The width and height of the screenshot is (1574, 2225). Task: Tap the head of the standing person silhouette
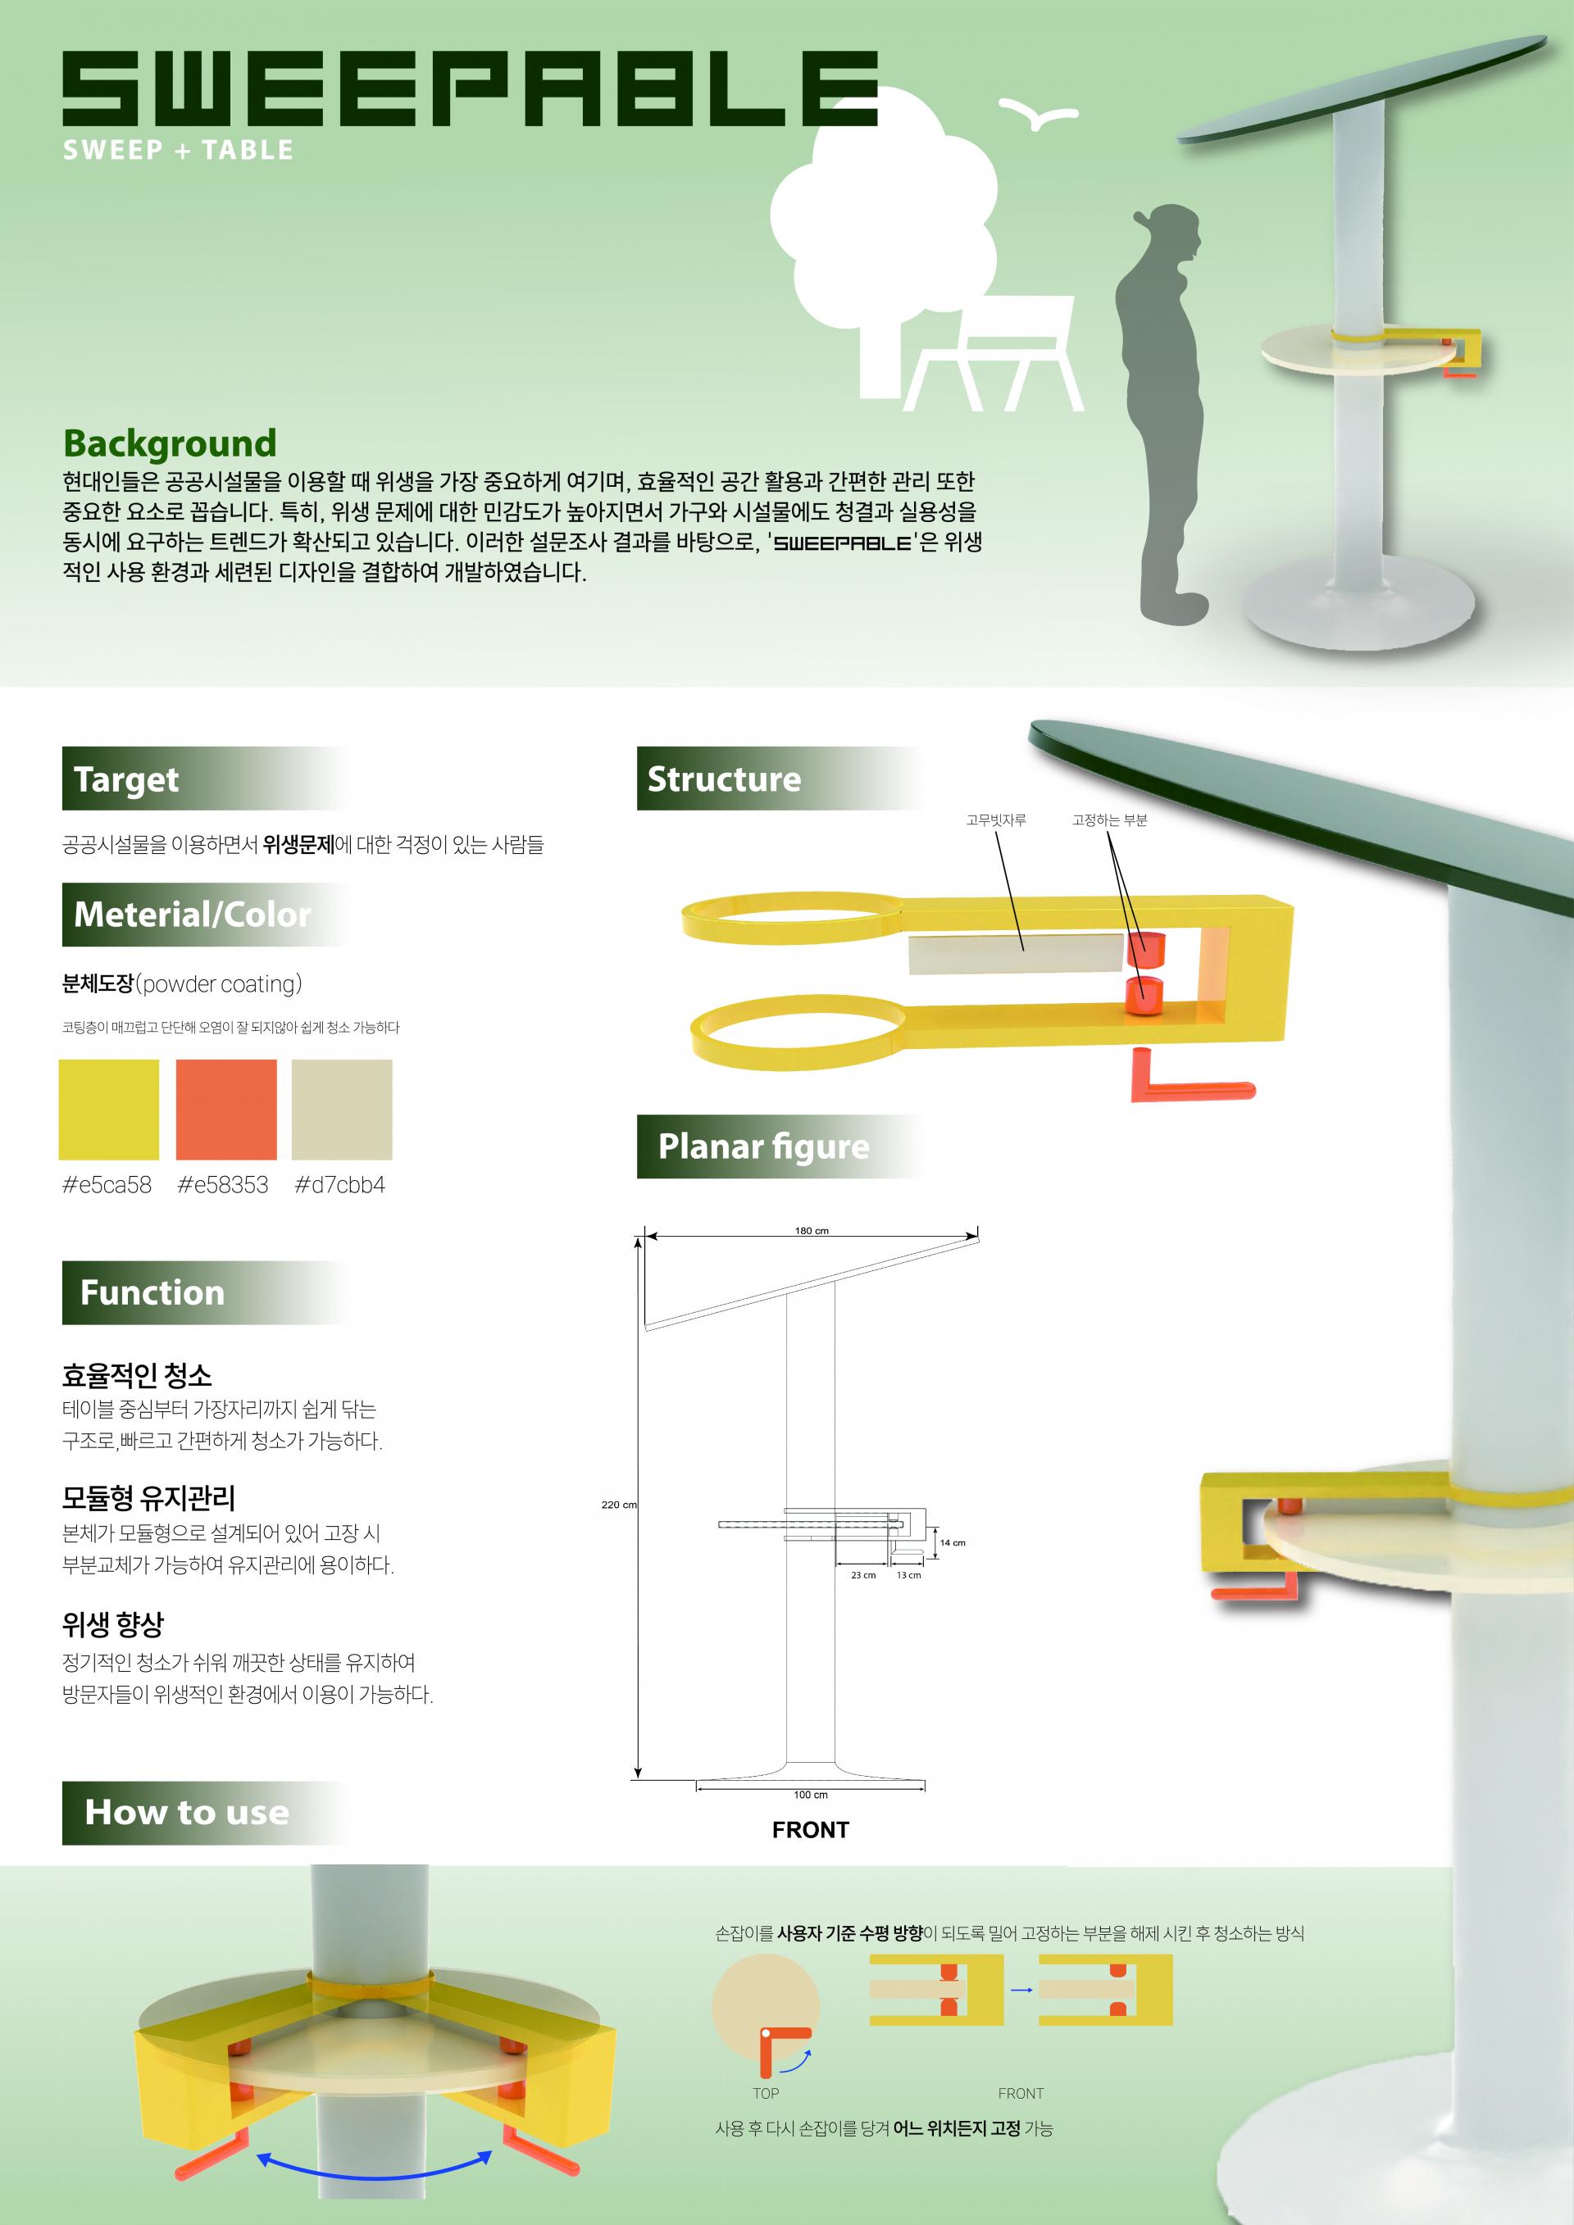[1170, 234]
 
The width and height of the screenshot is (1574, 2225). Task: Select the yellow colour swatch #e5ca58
[108, 1110]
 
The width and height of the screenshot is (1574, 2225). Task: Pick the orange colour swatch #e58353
[225, 1110]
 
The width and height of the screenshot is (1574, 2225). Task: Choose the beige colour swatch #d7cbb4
[342, 1110]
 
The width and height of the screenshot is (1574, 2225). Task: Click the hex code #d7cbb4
[339, 1184]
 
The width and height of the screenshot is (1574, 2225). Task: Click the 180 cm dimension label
[812, 1231]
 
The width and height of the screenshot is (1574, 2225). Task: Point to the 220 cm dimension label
[619, 1505]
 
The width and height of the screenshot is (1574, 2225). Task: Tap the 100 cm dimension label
[810, 1795]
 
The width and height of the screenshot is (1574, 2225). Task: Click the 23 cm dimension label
[862, 1576]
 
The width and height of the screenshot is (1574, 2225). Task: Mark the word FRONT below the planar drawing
[810, 1830]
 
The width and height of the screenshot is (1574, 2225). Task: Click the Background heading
[170, 444]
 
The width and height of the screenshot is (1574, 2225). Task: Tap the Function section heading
[152, 1292]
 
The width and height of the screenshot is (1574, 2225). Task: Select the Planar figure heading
[764, 1147]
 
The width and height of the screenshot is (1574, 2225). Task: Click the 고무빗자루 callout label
[995, 820]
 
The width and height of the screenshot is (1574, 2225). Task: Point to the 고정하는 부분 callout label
[1109, 820]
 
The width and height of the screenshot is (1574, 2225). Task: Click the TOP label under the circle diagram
[766, 2093]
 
